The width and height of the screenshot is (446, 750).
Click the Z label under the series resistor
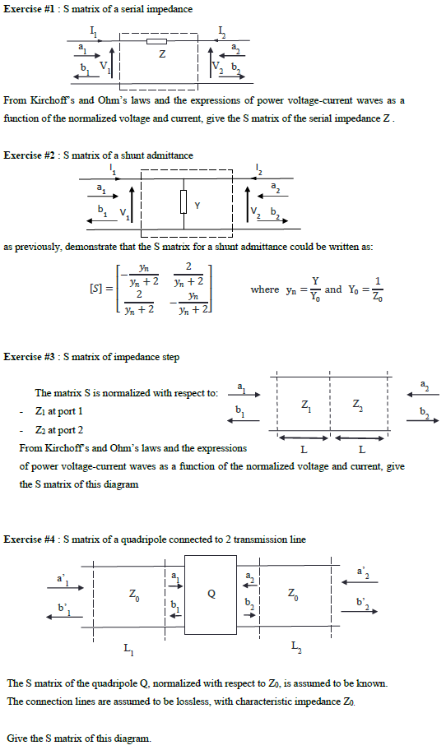tap(162, 55)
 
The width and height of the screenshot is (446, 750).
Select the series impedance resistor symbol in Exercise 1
tap(156, 39)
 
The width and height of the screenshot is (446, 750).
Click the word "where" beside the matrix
tap(264, 289)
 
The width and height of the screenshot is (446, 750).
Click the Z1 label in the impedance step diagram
tap(306, 406)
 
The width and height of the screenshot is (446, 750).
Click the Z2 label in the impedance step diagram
tap(356, 406)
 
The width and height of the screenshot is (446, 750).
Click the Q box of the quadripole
tap(211, 595)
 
